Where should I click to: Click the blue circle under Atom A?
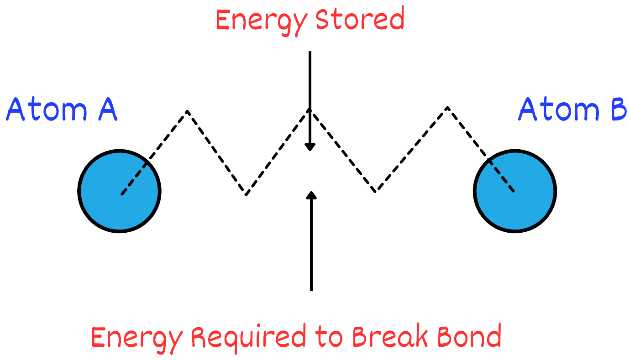tap(119, 191)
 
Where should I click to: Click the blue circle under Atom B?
tap(515, 191)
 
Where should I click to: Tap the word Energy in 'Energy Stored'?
tap(254, 21)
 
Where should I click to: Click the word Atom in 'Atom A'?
tap(47, 110)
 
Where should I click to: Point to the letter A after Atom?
tap(107, 110)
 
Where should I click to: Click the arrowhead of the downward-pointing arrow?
tap(310, 147)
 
